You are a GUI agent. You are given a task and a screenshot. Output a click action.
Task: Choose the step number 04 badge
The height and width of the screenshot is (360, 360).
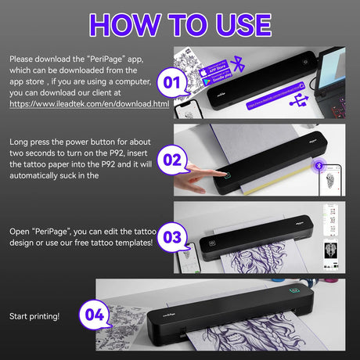95,315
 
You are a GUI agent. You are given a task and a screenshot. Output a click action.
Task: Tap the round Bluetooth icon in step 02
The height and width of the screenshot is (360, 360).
318,165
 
